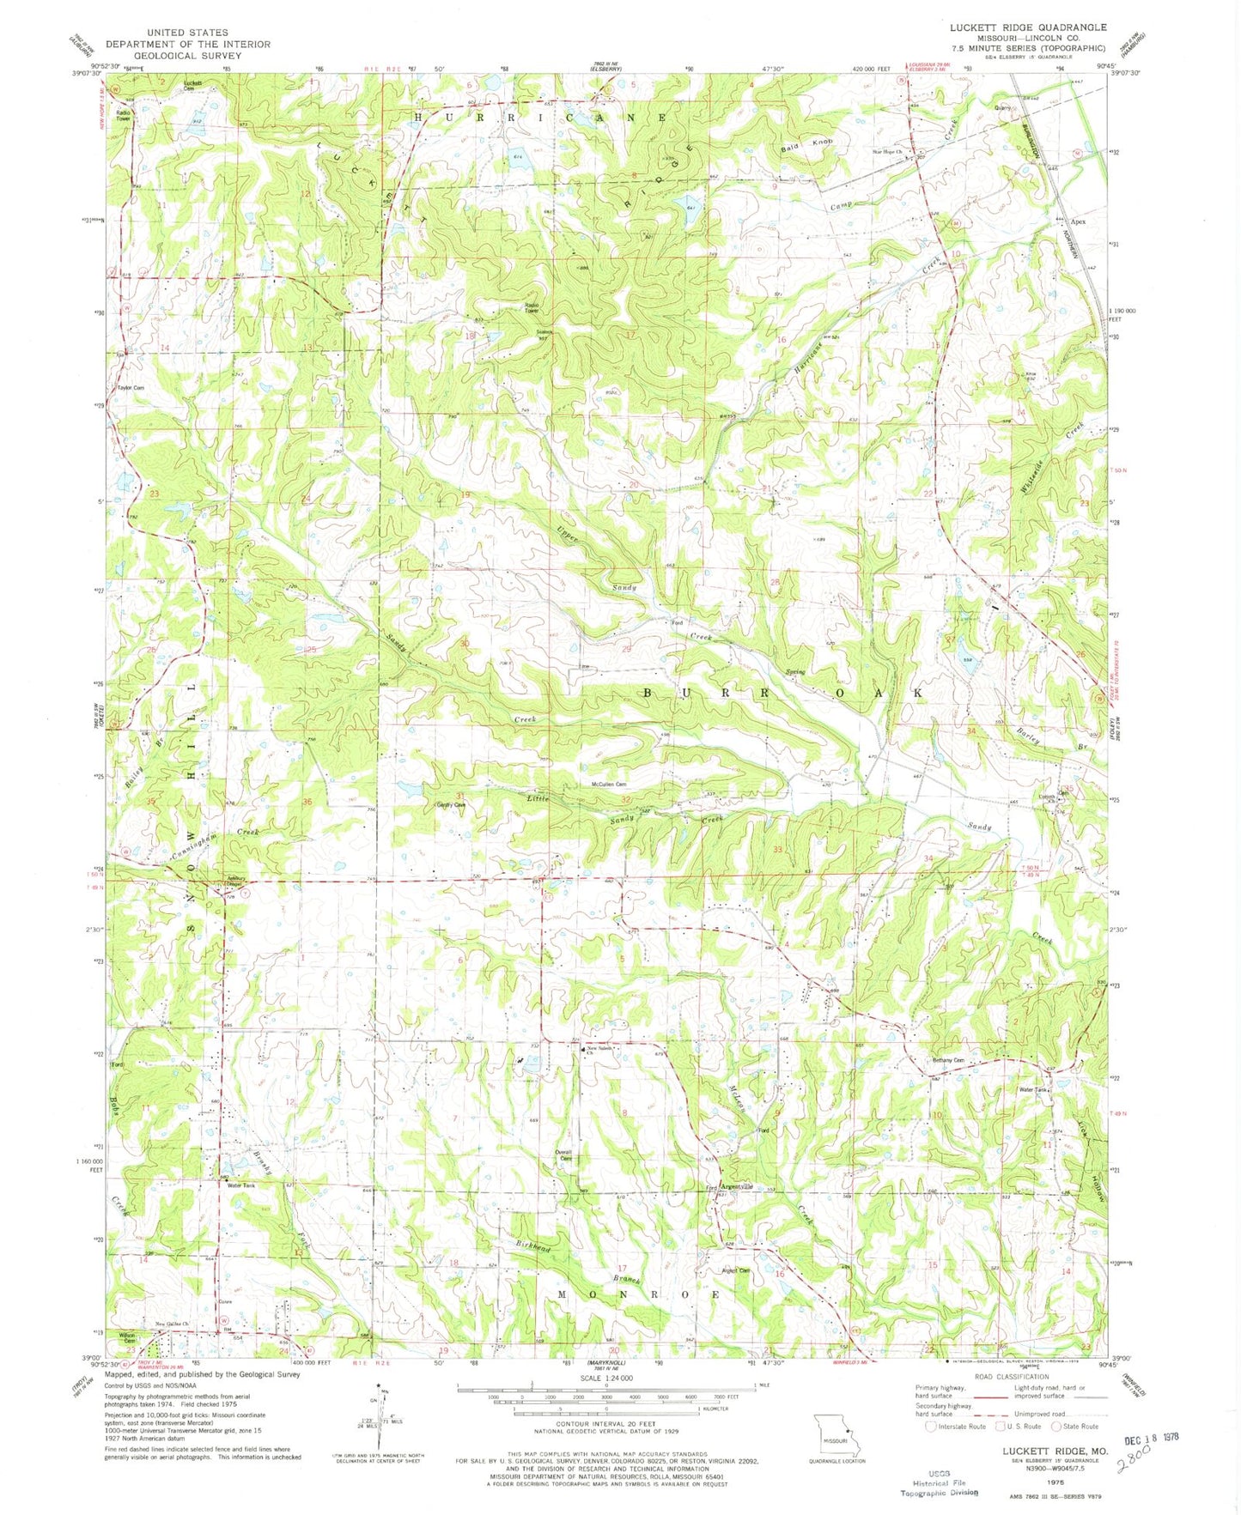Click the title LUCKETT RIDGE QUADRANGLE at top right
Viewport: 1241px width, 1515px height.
tap(1027, 27)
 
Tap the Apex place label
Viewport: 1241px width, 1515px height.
tap(1077, 221)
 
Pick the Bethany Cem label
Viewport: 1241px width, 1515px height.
tap(949, 1061)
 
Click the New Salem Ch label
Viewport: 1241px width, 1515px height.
tap(600, 1050)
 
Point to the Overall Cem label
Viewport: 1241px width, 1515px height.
tap(563, 1154)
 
